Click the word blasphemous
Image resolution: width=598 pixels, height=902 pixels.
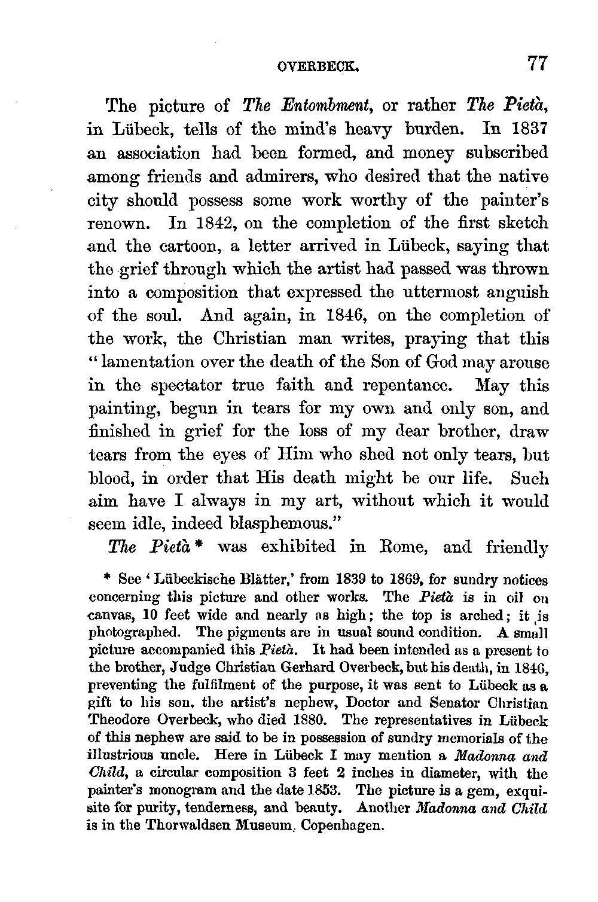tap(285, 525)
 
